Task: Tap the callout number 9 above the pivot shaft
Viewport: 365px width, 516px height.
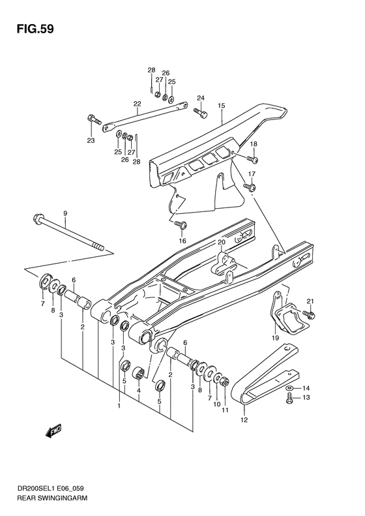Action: click(x=65, y=213)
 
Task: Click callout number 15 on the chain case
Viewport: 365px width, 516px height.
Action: click(x=221, y=105)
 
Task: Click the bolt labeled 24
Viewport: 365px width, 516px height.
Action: click(x=199, y=114)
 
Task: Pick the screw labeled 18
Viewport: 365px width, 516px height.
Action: click(x=253, y=159)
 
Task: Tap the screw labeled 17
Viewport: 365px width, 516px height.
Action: click(x=249, y=187)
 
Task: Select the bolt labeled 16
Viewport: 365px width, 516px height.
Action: click(x=182, y=225)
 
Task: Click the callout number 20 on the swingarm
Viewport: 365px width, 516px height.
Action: click(x=221, y=243)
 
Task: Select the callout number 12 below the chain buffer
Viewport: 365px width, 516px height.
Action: click(x=244, y=419)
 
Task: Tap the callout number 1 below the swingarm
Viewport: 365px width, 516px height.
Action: click(x=119, y=406)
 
